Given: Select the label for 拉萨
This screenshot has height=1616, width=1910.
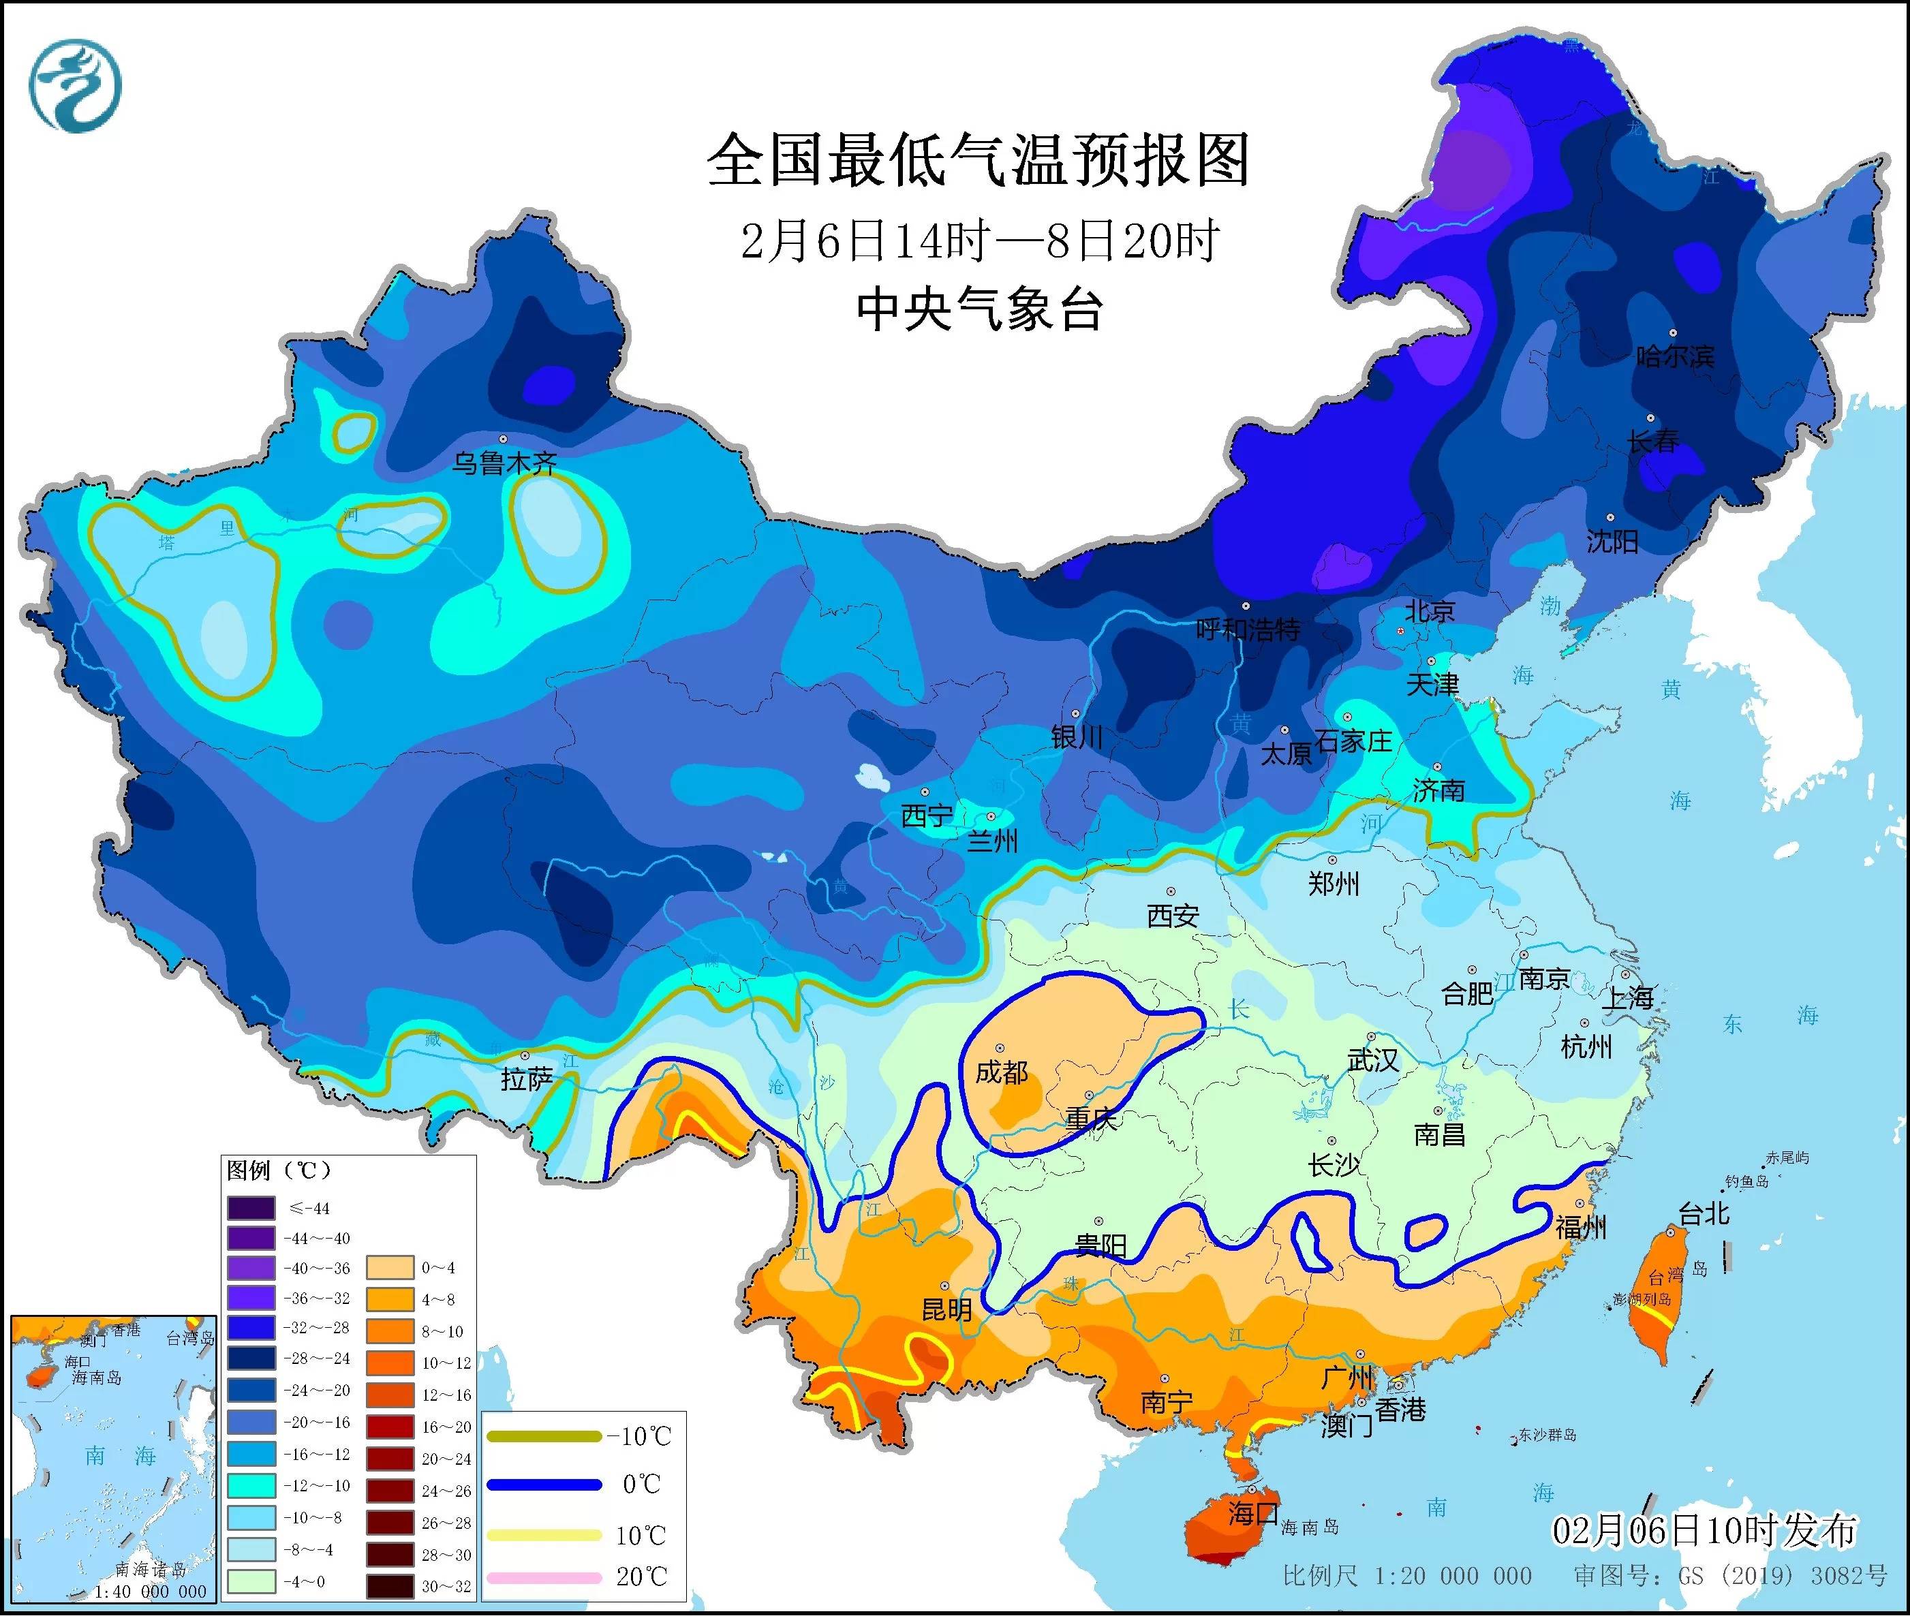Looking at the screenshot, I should pyautogui.click(x=527, y=1079).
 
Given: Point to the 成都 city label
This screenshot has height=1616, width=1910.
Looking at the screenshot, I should pyautogui.click(x=1001, y=1071).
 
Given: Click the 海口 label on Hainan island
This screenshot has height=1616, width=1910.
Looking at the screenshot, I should pyautogui.click(x=1253, y=1512).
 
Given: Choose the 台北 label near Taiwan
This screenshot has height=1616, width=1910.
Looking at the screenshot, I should pyautogui.click(x=1704, y=1214).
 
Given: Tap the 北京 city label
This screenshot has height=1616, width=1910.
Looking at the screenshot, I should pyautogui.click(x=1430, y=611).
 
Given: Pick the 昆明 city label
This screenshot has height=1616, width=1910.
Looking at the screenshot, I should pyautogui.click(x=946, y=1310).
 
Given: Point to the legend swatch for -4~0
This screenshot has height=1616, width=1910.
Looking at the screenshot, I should pyautogui.click(x=251, y=1581).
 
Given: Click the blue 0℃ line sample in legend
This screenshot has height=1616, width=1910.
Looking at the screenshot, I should pyautogui.click(x=544, y=1484).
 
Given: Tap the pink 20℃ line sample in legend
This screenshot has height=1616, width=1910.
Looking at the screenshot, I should pyautogui.click(x=544, y=1578).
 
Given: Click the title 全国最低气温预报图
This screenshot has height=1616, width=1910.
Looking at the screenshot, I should pyautogui.click(x=979, y=160).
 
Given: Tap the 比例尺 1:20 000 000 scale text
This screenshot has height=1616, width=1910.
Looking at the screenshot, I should pyautogui.click(x=1407, y=1576).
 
